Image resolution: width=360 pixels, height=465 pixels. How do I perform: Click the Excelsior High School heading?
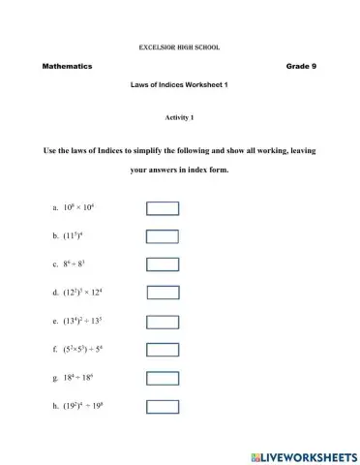click(179, 46)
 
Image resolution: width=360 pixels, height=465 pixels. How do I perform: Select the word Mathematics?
click(67, 66)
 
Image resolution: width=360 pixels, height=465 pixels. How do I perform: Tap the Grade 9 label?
click(301, 66)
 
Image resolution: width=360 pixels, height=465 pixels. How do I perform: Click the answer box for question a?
click(162, 208)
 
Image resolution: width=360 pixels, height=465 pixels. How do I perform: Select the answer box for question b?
click(162, 236)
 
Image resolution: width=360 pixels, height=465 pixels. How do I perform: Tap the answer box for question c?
click(162, 263)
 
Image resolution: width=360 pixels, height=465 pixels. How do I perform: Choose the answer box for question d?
click(163, 292)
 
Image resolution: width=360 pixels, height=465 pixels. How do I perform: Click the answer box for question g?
click(162, 375)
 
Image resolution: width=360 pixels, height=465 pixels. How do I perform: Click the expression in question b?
click(76, 236)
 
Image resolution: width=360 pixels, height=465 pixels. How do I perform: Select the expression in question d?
click(88, 292)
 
